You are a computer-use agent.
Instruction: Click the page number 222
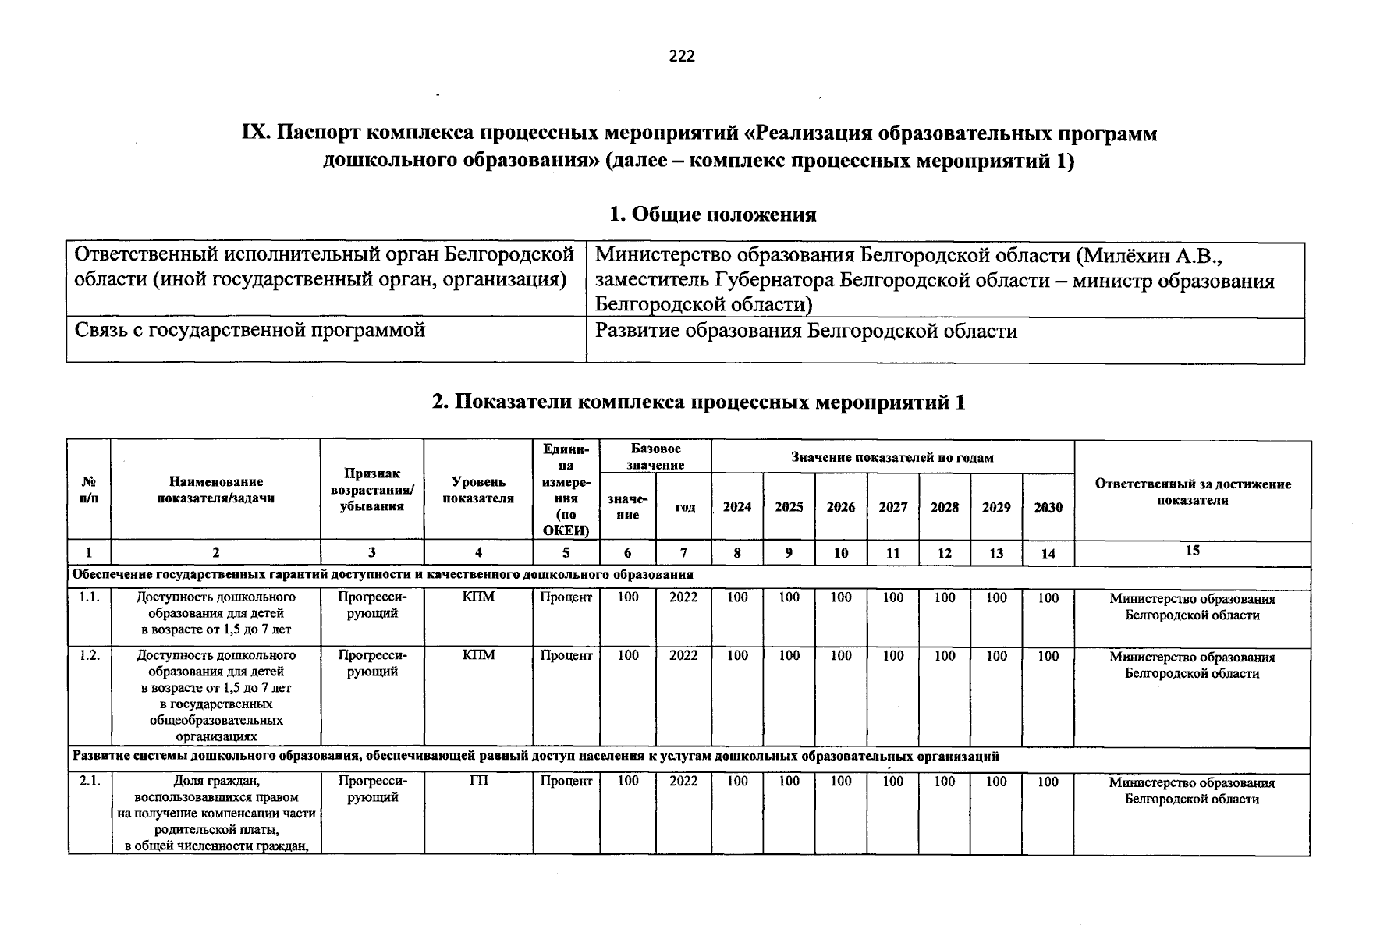(x=682, y=56)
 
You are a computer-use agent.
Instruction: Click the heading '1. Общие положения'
(x=712, y=214)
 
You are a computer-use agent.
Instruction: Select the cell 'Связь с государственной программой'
(x=250, y=331)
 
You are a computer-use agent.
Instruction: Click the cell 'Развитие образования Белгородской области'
(x=806, y=331)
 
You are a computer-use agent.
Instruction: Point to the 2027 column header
(x=892, y=507)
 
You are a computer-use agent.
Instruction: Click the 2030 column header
(x=1048, y=508)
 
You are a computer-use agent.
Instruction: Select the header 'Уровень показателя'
(x=478, y=491)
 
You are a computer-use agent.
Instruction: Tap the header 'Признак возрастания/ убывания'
(x=372, y=490)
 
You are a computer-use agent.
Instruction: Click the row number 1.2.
(x=90, y=656)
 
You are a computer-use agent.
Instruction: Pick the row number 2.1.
(x=90, y=782)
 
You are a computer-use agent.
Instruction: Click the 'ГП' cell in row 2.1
(x=478, y=782)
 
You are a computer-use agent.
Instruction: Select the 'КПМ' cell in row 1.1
(x=478, y=597)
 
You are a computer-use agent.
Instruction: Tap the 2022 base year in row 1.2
(x=683, y=656)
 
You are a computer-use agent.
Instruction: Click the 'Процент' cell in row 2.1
(x=566, y=782)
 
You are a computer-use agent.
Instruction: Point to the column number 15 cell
(x=1192, y=551)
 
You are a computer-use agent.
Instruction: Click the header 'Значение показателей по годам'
(x=892, y=458)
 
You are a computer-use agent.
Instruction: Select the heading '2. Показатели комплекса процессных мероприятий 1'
(x=699, y=402)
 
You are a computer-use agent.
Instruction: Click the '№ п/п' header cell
(x=89, y=490)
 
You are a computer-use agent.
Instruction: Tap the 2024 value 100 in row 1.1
(x=737, y=597)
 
